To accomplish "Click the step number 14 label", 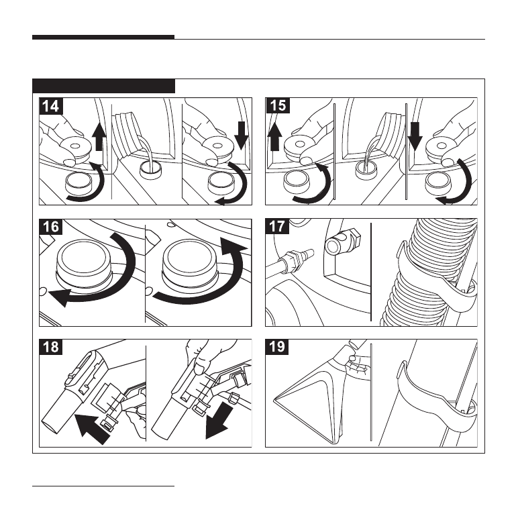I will point(50,105).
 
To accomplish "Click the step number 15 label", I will point(276,105).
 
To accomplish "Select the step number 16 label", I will point(50,226).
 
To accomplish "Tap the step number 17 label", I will point(276,226).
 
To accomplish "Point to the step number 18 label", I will point(50,347).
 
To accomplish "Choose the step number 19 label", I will point(276,347).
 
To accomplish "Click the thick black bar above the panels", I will point(103,38).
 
